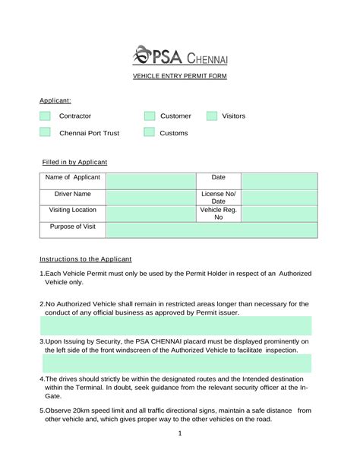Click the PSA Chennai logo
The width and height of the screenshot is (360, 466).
pos(180,55)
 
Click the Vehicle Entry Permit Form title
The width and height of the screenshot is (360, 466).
pos(180,77)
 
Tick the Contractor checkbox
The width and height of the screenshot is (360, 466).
pos(45,116)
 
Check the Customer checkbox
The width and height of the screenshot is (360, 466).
pos(150,116)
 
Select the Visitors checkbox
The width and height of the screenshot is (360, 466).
pos(212,116)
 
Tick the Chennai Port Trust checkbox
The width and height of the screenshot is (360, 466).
pos(45,133)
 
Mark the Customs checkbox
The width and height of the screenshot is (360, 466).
pos(150,133)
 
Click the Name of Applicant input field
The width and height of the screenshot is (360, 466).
pos(150,181)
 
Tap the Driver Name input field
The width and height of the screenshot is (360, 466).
pos(150,198)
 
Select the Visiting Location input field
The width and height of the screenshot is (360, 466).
pos(150,214)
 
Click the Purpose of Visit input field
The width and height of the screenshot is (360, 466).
pos(211,230)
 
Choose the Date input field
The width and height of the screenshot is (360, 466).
pos(279,181)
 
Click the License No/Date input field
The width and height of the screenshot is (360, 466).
pos(279,198)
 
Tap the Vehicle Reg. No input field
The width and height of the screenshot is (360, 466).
pos(279,214)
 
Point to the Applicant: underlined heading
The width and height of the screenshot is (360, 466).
pos(55,100)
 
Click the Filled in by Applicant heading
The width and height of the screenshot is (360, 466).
pos(74,162)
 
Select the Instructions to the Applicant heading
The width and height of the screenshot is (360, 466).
pos(86,258)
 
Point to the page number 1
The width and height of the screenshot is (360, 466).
pos(179,433)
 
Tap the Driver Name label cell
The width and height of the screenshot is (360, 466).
pos(73,195)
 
